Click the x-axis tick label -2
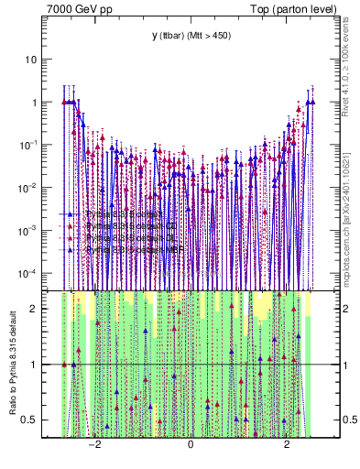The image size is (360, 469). click(x=93, y=443)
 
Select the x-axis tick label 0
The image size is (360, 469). click(x=191, y=443)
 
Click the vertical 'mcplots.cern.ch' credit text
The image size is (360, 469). click(x=349, y=202)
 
